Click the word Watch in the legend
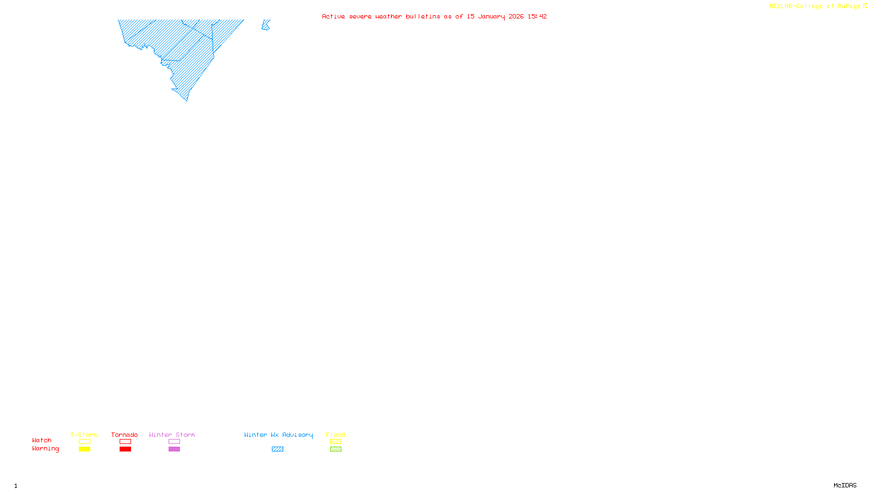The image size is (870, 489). pyautogui.click(x=42, y=440)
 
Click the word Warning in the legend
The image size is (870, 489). pyautogui.click(x=45, y=449)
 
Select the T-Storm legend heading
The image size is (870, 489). pyautogui.click(x=84, y=435)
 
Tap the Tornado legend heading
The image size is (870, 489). pyautogui.click(x=125, y=435)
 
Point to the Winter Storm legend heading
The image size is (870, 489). pyautogui.click(x=172, y=435)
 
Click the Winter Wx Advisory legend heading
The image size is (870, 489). pyautogui.click(x=278, y=435)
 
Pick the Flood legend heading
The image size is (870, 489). pyautogui.click(x=335, y=435)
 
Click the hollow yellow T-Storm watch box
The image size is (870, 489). pyautogui.click(x=84, y=442)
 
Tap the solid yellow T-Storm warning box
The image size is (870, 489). pyautogui.click(x=84, y=449)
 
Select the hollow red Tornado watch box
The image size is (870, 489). pyautogui.click(x=125, y=442)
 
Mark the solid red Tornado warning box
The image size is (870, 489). pyautogui.click(x=125, y=449)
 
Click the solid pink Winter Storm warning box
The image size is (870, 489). pyautogui.click(x=174, y=449)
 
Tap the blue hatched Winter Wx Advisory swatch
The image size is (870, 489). pyautogui.click(x=277, y=449)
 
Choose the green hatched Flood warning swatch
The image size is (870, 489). pyautogui.click(x=335, y=449)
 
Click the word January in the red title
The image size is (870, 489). pyautogui.click(x=492, y=16)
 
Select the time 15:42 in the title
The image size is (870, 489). pyautogui.click(x=537, y=16)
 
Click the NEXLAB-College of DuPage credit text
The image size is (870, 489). pyautogui.click(x=815, y=6)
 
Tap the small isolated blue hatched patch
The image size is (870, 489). pyautogui.click(x=265, y=25)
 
